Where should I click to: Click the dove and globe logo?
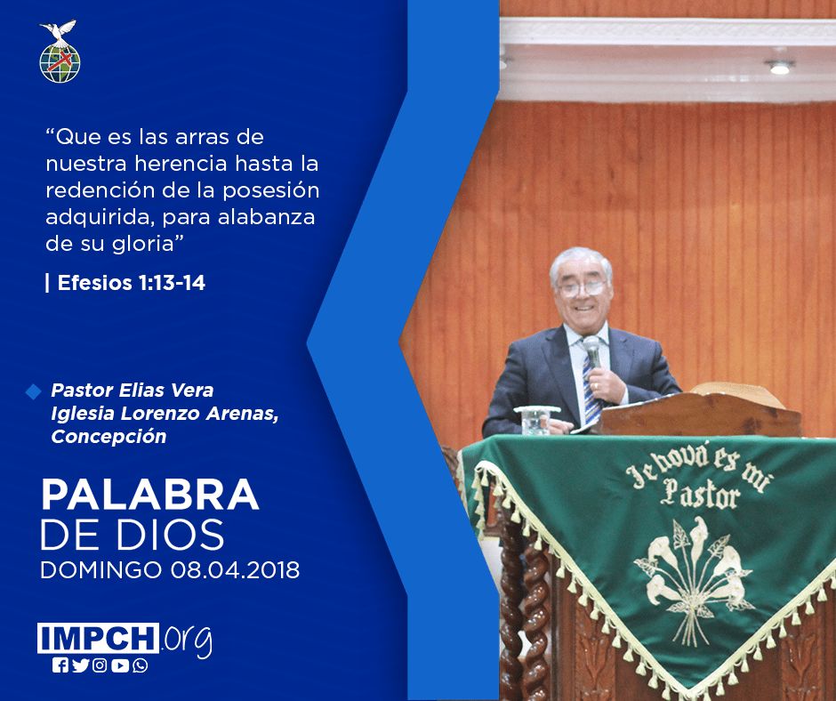pyautogui.click(x=60, y=52)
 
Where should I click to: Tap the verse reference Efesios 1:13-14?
pyautogui.click(x=131, y=283)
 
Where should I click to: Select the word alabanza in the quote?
pyautogui.click(x=266, y=217)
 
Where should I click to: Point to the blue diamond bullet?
pyautogui.click(x=33, y=391)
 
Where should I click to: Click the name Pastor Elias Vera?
pyautogui.click(x=133, y=391)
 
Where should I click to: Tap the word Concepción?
pyautogui.click(x=109, y=437)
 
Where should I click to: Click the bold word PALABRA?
pyautogui.click(x=149, y=496)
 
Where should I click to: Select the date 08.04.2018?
pyautogui.click(x=235, y=570)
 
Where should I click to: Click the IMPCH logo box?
pyautogui.click(x=98, y=638)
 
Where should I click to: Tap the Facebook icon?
pyautogui.click(x=60, y=665)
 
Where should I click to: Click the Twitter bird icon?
pyautogui.click(x=80, y=665)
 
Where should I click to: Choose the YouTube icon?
pyautogui.click(x=120, y=665)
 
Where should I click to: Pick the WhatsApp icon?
pyautogui.click(x=141, y=665)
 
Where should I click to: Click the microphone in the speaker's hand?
pyautogui.click(x=592, y=352)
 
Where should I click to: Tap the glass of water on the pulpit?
pyautogui.click(x=535, y=421)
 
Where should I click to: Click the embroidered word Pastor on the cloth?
pyautogui.click(x=700, y=493)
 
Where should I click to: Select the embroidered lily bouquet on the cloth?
pyautogui.click(x=693, y=579)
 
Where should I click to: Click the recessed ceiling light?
pyautogui.click(x=779, y=68)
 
